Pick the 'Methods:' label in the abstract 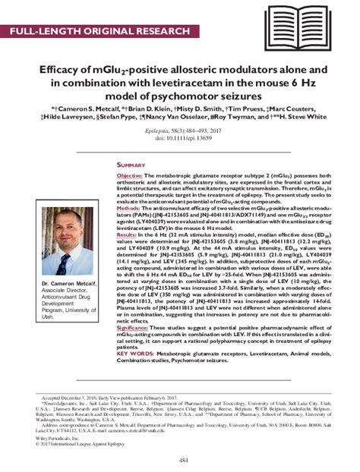130,206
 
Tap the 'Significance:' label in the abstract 137,330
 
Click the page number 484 179,461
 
